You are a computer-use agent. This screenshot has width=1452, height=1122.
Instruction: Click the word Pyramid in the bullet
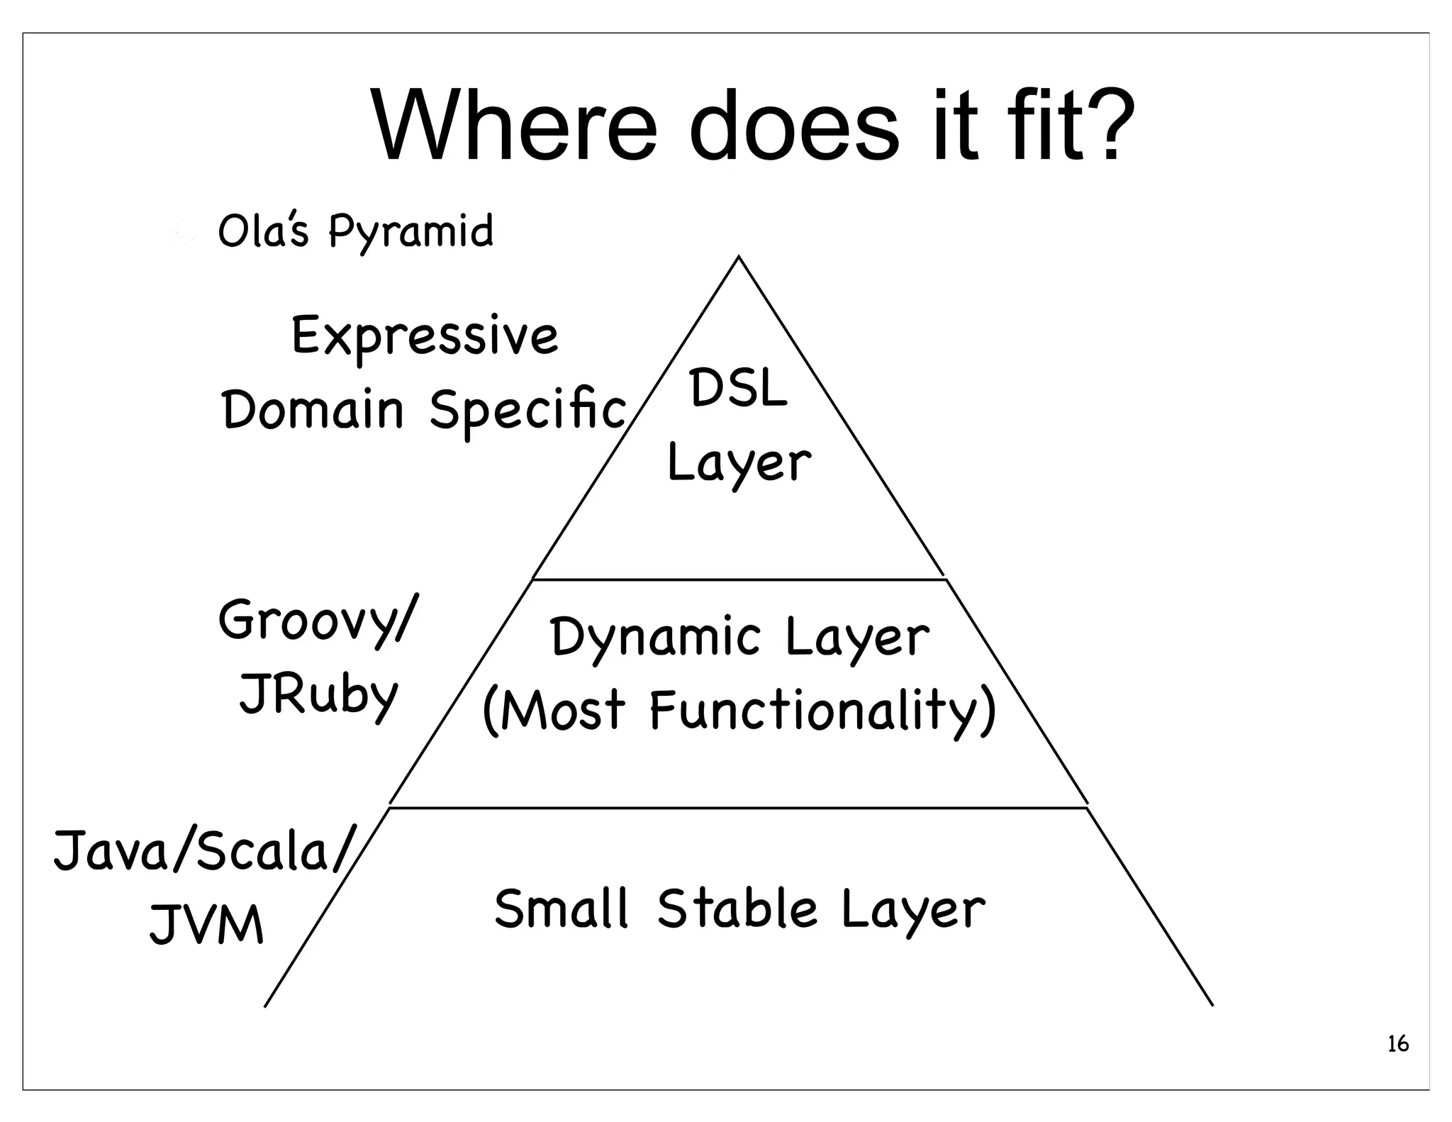click(x=411, y=232)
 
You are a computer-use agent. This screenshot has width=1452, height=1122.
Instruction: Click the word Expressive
click(x=425, y=336)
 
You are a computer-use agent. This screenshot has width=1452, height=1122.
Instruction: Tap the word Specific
click(x=528, y=411)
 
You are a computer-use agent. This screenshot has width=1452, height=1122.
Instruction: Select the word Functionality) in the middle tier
click(x=823, y=711)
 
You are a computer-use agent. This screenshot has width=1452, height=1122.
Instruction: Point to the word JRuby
click(x=318, y=696)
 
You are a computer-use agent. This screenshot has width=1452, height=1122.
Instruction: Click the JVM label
click(x=206, y=926)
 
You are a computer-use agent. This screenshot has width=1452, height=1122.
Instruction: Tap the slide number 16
click(x=1397, y=1044)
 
